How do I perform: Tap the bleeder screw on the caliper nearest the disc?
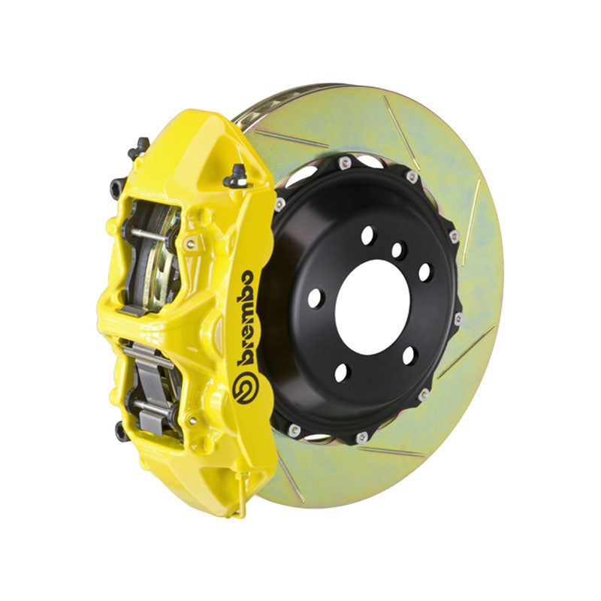[x=237, y=174]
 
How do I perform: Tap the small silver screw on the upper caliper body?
[x=190, y=243]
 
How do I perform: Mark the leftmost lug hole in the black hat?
[x=315, y=297]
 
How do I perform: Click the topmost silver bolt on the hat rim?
[x=343, y=162]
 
